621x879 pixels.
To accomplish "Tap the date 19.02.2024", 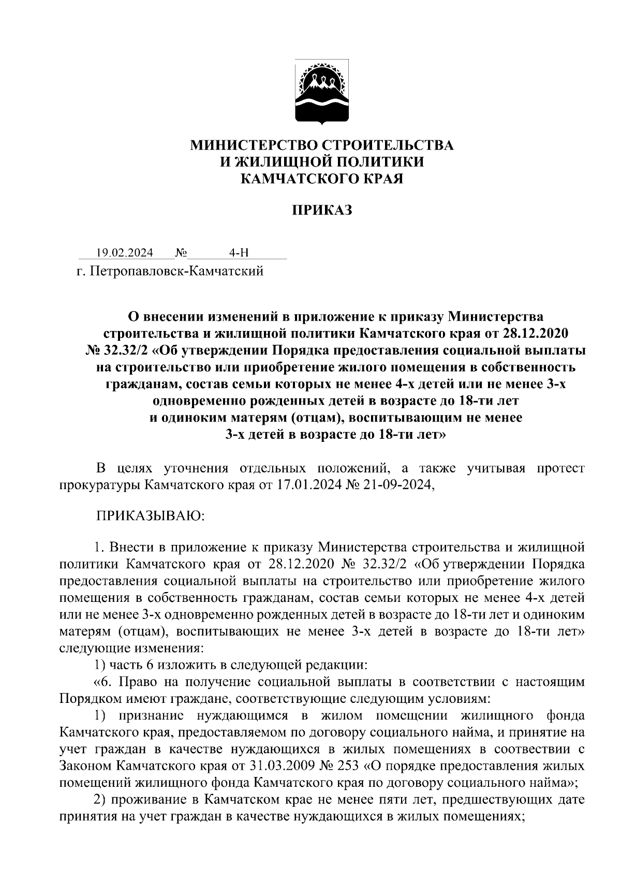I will [x=125, y=253].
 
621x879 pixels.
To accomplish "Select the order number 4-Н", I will [x=239, y=253].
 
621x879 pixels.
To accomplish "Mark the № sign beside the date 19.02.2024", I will [x=181, y=253].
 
